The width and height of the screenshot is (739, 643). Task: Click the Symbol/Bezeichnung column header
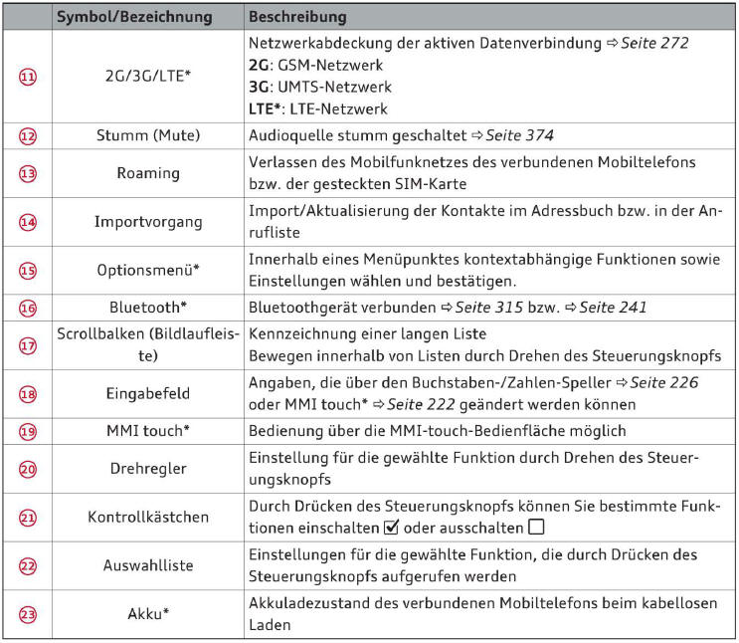132,18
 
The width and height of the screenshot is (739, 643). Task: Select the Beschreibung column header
297,18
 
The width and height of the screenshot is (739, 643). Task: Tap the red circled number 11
28,75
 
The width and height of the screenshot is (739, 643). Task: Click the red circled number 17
28,343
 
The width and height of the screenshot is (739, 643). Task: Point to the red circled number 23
28,614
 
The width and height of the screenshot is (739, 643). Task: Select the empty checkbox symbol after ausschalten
537,527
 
